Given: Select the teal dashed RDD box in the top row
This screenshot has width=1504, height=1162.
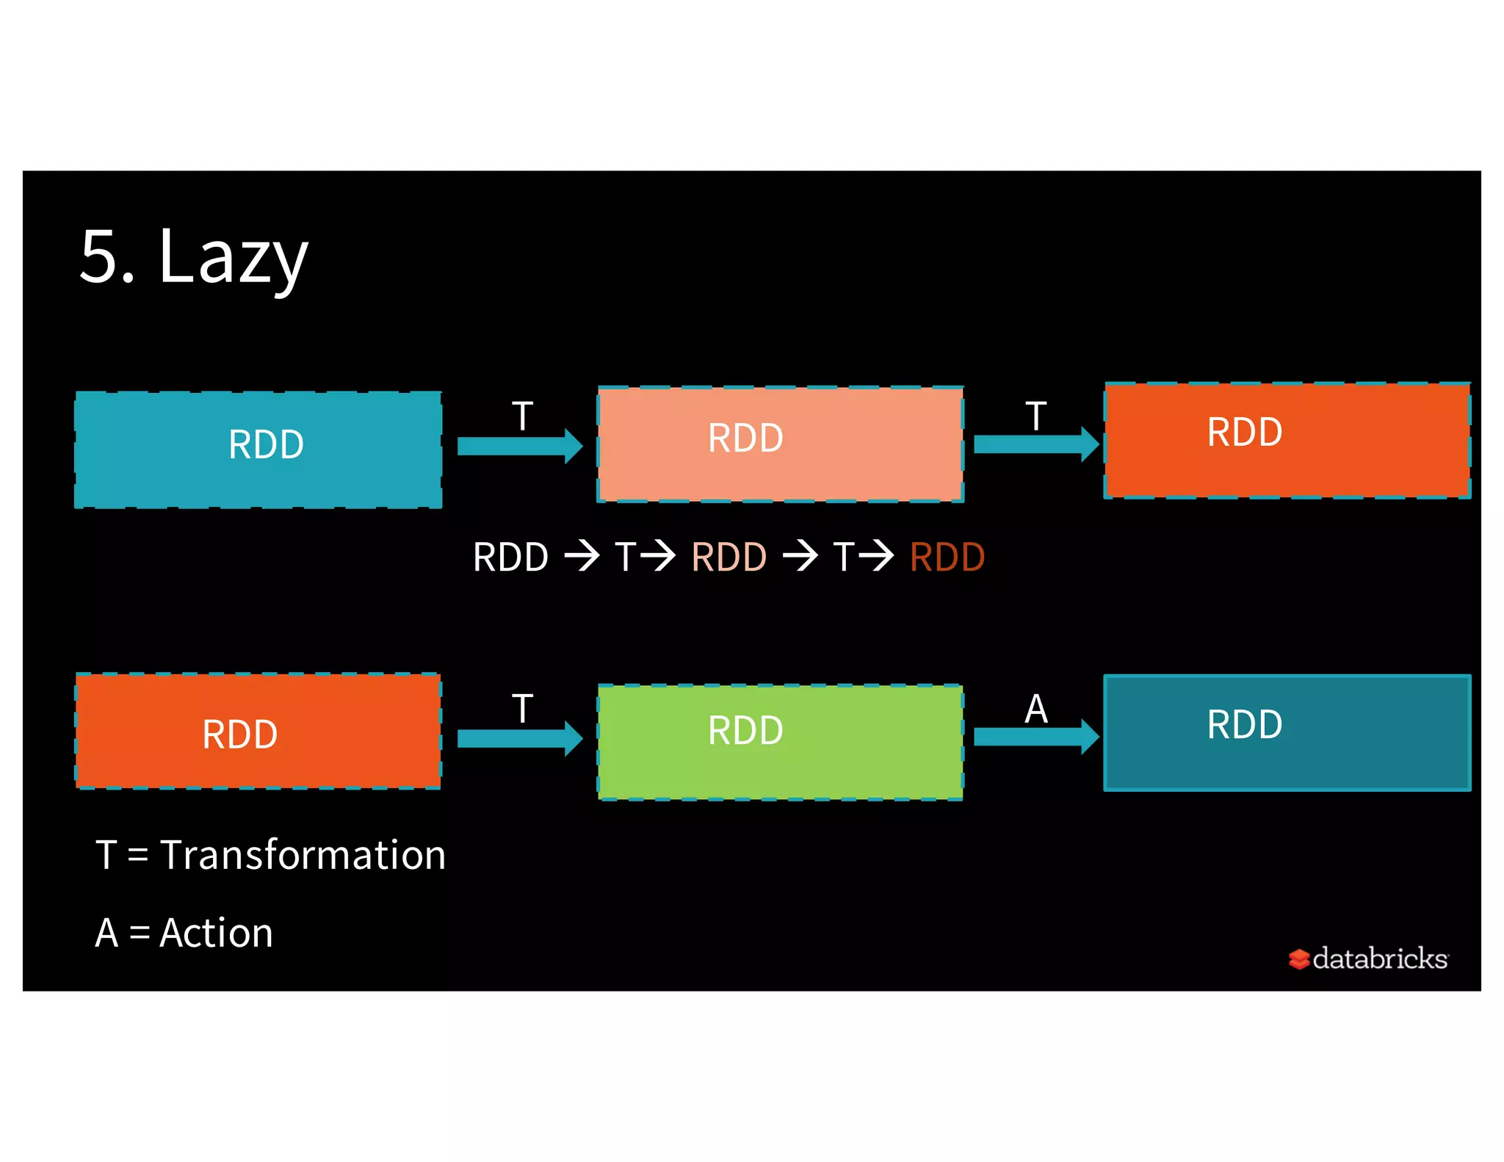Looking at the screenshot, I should pyautogui.click(x=258, y=450).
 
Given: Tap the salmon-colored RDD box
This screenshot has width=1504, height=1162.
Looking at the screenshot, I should pyautogui.click(x=780, y=444).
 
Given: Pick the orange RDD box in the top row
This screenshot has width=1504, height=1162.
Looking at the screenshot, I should pyautogui.click(x=1287, y=440).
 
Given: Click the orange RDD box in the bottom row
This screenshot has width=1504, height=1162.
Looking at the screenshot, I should pyautogui.click(x=258, y=732).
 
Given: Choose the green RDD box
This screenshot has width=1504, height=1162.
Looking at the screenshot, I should pyautogui.click(x=780, y=742).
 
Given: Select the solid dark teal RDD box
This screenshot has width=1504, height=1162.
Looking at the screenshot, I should pyautogui.click(x=1287, y=732).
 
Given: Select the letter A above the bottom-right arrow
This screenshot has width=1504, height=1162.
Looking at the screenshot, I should pyautogui.click(x=1036, y=709).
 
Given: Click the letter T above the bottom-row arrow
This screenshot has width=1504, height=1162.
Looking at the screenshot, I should pyautogui.click(x=522, y=709).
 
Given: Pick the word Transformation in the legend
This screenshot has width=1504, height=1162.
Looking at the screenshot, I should pyautogui.click(x=303, y=856).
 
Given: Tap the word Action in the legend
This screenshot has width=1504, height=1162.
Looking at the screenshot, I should pyautogui.click(x=216, y=934).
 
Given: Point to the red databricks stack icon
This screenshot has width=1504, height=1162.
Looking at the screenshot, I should pyautogui.click(x=1298, y=959).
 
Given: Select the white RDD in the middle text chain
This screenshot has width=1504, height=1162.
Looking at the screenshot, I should pyautogui.click(x=510, y=557).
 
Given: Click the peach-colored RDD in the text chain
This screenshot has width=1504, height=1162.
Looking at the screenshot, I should pyautogui.click(x=728, y=557).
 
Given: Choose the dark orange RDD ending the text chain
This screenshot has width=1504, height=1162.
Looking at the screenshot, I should pyautogui.click(x=947, y=557).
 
